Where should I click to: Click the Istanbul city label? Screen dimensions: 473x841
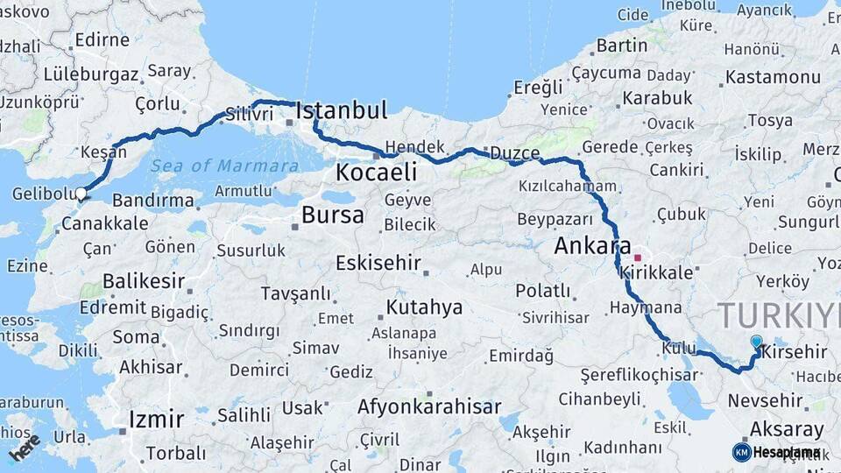(342, 110)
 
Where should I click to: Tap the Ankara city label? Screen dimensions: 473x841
(593, 246)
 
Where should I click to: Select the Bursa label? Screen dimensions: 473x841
(332, 215)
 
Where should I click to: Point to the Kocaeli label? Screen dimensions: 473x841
(376, 172)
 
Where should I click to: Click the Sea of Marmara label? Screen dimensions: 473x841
(224, 166)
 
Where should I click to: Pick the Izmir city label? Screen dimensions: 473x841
(156, 419)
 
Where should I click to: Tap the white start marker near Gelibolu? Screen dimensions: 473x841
(81, 194)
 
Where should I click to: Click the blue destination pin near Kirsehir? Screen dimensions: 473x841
(757, 342)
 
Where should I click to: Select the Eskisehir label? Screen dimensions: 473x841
(378, 263)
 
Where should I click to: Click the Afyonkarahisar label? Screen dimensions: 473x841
(429, 406)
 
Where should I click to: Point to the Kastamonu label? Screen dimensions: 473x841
(773, 77)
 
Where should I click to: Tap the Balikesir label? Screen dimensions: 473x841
(144, 281)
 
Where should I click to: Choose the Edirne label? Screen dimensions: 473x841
(102, 39)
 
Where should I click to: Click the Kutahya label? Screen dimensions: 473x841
(424, 307)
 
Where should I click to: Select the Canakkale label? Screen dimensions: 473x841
(105, 223)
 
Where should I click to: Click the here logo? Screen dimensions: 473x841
(25, 447)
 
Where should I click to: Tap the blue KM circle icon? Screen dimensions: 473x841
(741, 452)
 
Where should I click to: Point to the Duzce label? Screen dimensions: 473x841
(514, 152)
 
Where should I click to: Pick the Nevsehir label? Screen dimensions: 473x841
(765, 401)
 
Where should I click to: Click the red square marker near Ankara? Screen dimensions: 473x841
(638, 258)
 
